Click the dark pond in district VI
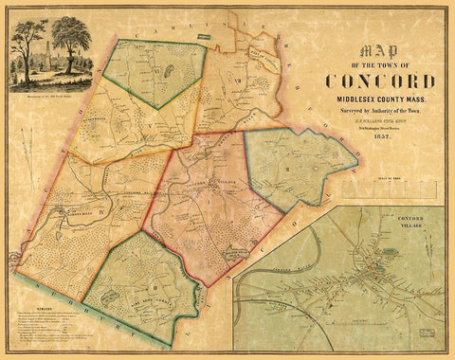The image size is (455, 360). coord(170,68)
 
